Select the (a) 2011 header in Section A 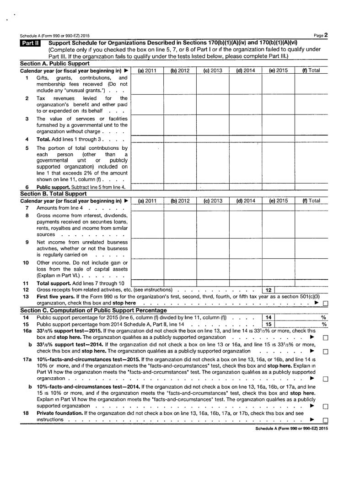pyautogui.click(x=147, y=71)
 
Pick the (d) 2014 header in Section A pyautogui.click(x=246, y=71)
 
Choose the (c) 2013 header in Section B pyautogui.click(x=213, y=201)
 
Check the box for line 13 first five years pyautogui.click(x=325, y=303)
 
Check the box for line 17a pyautogui.click(x=325, y=379)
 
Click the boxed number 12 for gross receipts pyautogui.click(x=269, y=290)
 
